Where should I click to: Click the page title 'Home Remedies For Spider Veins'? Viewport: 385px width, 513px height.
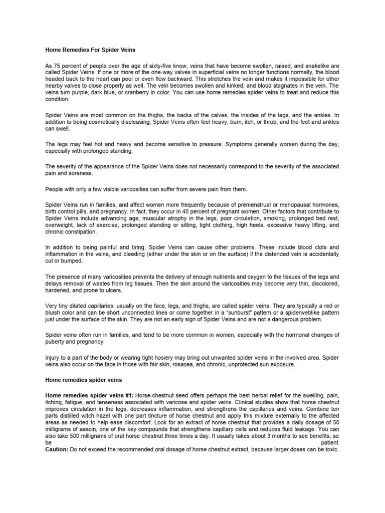[x=90, y=50]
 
